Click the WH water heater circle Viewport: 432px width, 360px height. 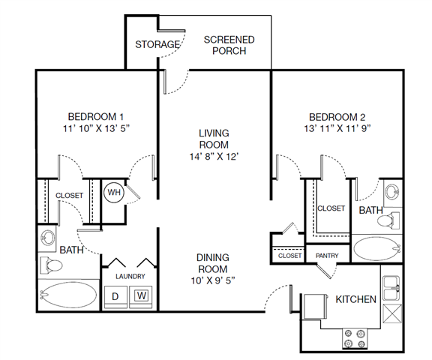tap(114, 192)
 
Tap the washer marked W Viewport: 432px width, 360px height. tap(141, 297)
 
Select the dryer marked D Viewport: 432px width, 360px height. tap(115, 297)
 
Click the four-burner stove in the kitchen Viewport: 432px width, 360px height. tap(355, 338)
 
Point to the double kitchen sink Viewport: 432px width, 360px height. tap(391, 288)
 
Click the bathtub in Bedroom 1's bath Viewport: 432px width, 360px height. tap(68, 295)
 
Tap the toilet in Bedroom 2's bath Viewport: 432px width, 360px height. tap(388, 220)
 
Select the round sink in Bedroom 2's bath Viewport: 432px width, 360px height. tap(392, 191)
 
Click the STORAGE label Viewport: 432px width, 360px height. tap(157, 44)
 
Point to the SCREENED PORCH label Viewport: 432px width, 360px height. tap(229, 46)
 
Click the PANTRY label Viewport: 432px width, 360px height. tap(327, 256)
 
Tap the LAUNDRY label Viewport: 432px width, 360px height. tap(130, 276)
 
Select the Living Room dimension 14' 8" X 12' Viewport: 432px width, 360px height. tap(214, 157)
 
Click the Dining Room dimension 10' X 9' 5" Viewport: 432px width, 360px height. tap(213, 280)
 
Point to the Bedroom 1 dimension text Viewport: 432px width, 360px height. tap(97, 128)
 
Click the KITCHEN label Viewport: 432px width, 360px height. tap(355, 299)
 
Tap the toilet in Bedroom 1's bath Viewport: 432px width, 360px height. tap(51, 265)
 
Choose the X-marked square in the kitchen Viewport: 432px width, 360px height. tap(392, 313)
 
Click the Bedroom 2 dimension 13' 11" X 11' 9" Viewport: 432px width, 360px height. tap(337, 129)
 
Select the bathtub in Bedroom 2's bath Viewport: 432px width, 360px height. tap(376, 248)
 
